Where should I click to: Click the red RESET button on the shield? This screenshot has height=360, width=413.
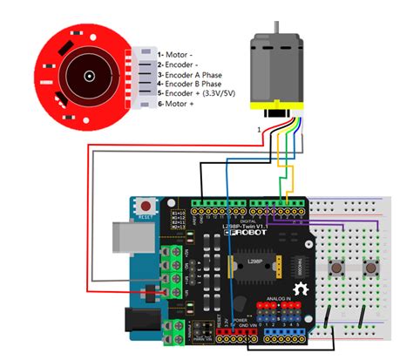(x=145, y=207)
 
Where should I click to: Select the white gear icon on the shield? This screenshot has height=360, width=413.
(x=302, y=288)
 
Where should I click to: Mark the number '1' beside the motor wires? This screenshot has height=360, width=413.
(x=257, y=130)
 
